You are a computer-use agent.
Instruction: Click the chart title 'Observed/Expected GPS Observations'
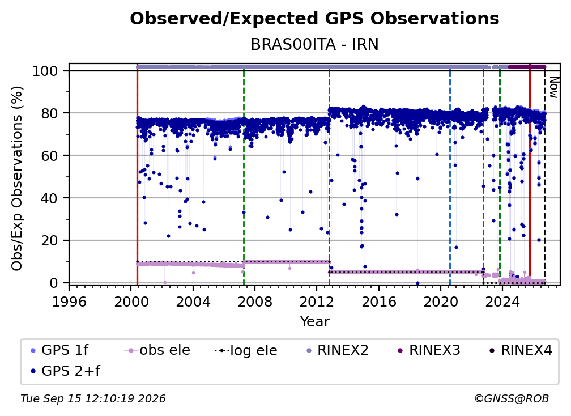(x=314, y=19)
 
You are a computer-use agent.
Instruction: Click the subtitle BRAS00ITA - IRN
(x=314, y=45)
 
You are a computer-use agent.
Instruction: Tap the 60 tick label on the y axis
(x=49, y=155)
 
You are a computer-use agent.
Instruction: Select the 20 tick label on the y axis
(x=49, y=240)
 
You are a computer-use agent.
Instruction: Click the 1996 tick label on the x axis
(x=69, y=302)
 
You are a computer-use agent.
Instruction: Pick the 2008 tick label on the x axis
(x=255, y=302)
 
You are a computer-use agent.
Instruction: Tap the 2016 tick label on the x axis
(x=379, y=302)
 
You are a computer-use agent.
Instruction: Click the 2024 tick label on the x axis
(x=502, y=302)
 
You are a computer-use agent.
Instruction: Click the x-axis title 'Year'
(x=314, y=322)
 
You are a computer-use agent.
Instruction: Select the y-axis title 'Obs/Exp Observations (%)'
(x=17, y=179)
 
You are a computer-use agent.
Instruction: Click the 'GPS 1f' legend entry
(x=59, y=350)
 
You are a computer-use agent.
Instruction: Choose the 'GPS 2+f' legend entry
(x=65, y=371)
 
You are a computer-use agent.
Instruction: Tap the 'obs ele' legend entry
(x=157, y=350)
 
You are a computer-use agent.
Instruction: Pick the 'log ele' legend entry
(x=246, y=351)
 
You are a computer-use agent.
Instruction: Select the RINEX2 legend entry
(x=338, y=350)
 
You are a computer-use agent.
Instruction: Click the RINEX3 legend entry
(x=429, y=350)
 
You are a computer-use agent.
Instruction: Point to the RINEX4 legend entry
(x=521, y=350)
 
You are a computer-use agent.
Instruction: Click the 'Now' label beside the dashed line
(x=553, y=87)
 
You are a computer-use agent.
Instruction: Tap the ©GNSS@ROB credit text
(x=512, y=399)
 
